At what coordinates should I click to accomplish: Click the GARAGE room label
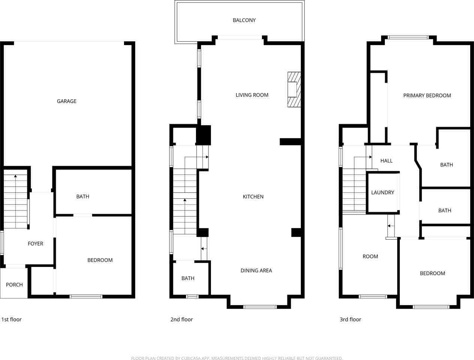pos(67,101)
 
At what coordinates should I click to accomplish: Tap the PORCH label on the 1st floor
pos(14,285)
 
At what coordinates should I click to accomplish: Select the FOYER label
pos(36,244)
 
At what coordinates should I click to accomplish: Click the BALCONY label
pos(244,20)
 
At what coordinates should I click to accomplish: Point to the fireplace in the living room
pos(294,90)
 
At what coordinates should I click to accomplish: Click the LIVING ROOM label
pos(252,95)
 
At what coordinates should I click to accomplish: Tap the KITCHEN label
pos(253,197)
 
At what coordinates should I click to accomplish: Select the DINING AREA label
pos(256,271)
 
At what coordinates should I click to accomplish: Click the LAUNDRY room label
pos(383,193)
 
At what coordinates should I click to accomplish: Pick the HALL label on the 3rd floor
pos(386,161)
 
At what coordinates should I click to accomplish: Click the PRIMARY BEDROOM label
pos(427,96)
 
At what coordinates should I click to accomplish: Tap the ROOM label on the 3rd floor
pos(370,257)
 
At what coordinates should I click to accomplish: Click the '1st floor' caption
pos(12,319)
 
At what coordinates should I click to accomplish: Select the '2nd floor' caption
pos(181,319)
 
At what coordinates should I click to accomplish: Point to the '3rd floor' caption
pos(350,319)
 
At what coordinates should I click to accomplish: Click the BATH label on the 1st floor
pos(83,196)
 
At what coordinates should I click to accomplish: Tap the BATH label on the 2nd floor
pos(188,278)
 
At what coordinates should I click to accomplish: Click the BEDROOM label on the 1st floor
pos(100,260)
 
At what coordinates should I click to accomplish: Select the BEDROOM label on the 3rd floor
pos(432,273)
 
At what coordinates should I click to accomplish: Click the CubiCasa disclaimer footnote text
pos(237,358)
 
